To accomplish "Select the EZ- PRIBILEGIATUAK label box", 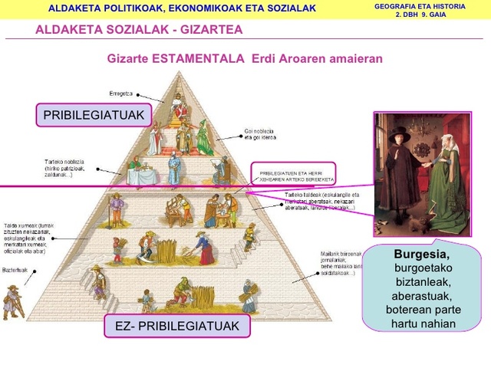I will coord(177,326).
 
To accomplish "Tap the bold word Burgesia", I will coord(421,254).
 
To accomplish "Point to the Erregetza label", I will coord(121,93).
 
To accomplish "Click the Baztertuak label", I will coord(15,271).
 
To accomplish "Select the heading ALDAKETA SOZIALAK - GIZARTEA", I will coord(139,29).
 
